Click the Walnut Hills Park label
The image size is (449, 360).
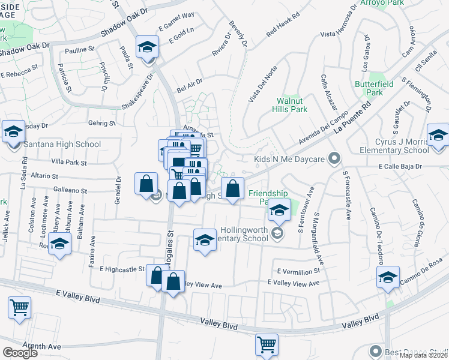pyautogui.click(x=292, y=105)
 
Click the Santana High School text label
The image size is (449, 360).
pyautogui.click(x=62, y=144)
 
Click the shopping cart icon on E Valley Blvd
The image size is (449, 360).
pyautogui.click(x=20, y=308)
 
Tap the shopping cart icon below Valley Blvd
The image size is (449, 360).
pyautogui.click(x=267, y=344)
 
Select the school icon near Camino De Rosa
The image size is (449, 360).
pyautogui.click(x=388, y=277)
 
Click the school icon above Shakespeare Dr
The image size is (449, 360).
pyautogui.click(x=146, y=47)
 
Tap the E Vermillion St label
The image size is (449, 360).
pyautogui.click(x=298, y=271)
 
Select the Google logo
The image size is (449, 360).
pyautogui.click(x=20, y=352)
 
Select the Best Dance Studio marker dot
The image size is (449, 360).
pyautogui.click(x=376, y=351)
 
